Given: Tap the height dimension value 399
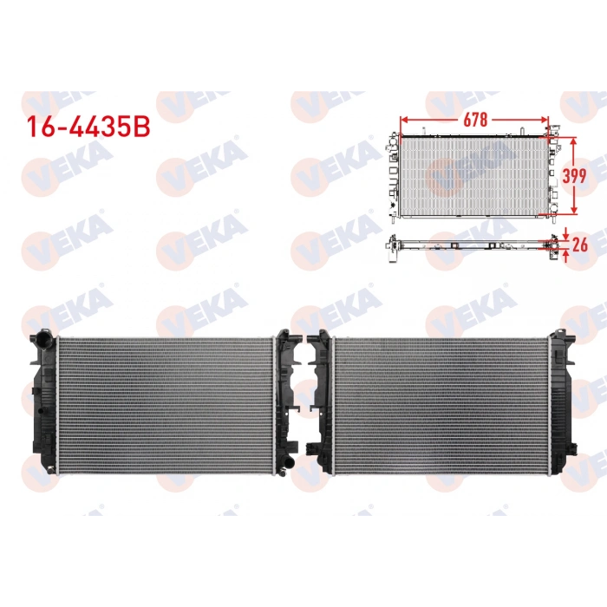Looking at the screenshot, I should click(574, 175).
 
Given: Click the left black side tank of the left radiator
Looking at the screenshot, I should click(42, 403).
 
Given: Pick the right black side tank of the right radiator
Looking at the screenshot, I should click(564, 403).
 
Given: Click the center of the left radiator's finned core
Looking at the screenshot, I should click(165, 403).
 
